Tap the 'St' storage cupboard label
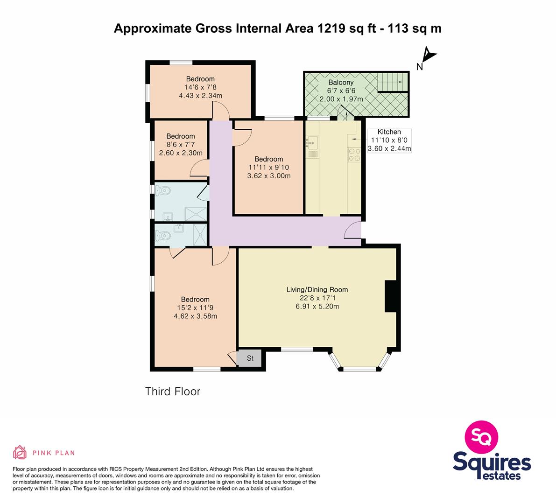coord(250,358)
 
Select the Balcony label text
coord(341,82)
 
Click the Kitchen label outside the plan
coord(389,132)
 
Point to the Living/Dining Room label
coord(317,290)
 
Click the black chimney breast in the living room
coord(391,296)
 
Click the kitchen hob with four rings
coord(354,155)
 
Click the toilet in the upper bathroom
coord(163,190)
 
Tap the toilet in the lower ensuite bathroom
coord(163,235)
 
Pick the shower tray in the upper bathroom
coord(196,214)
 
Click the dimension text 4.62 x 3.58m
coord(196,316)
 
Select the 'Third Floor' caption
coord(173,391)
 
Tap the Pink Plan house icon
coord(20,452)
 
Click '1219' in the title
coord(331,28)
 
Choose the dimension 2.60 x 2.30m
coord(181,153)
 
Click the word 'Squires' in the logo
coord(492,462)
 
